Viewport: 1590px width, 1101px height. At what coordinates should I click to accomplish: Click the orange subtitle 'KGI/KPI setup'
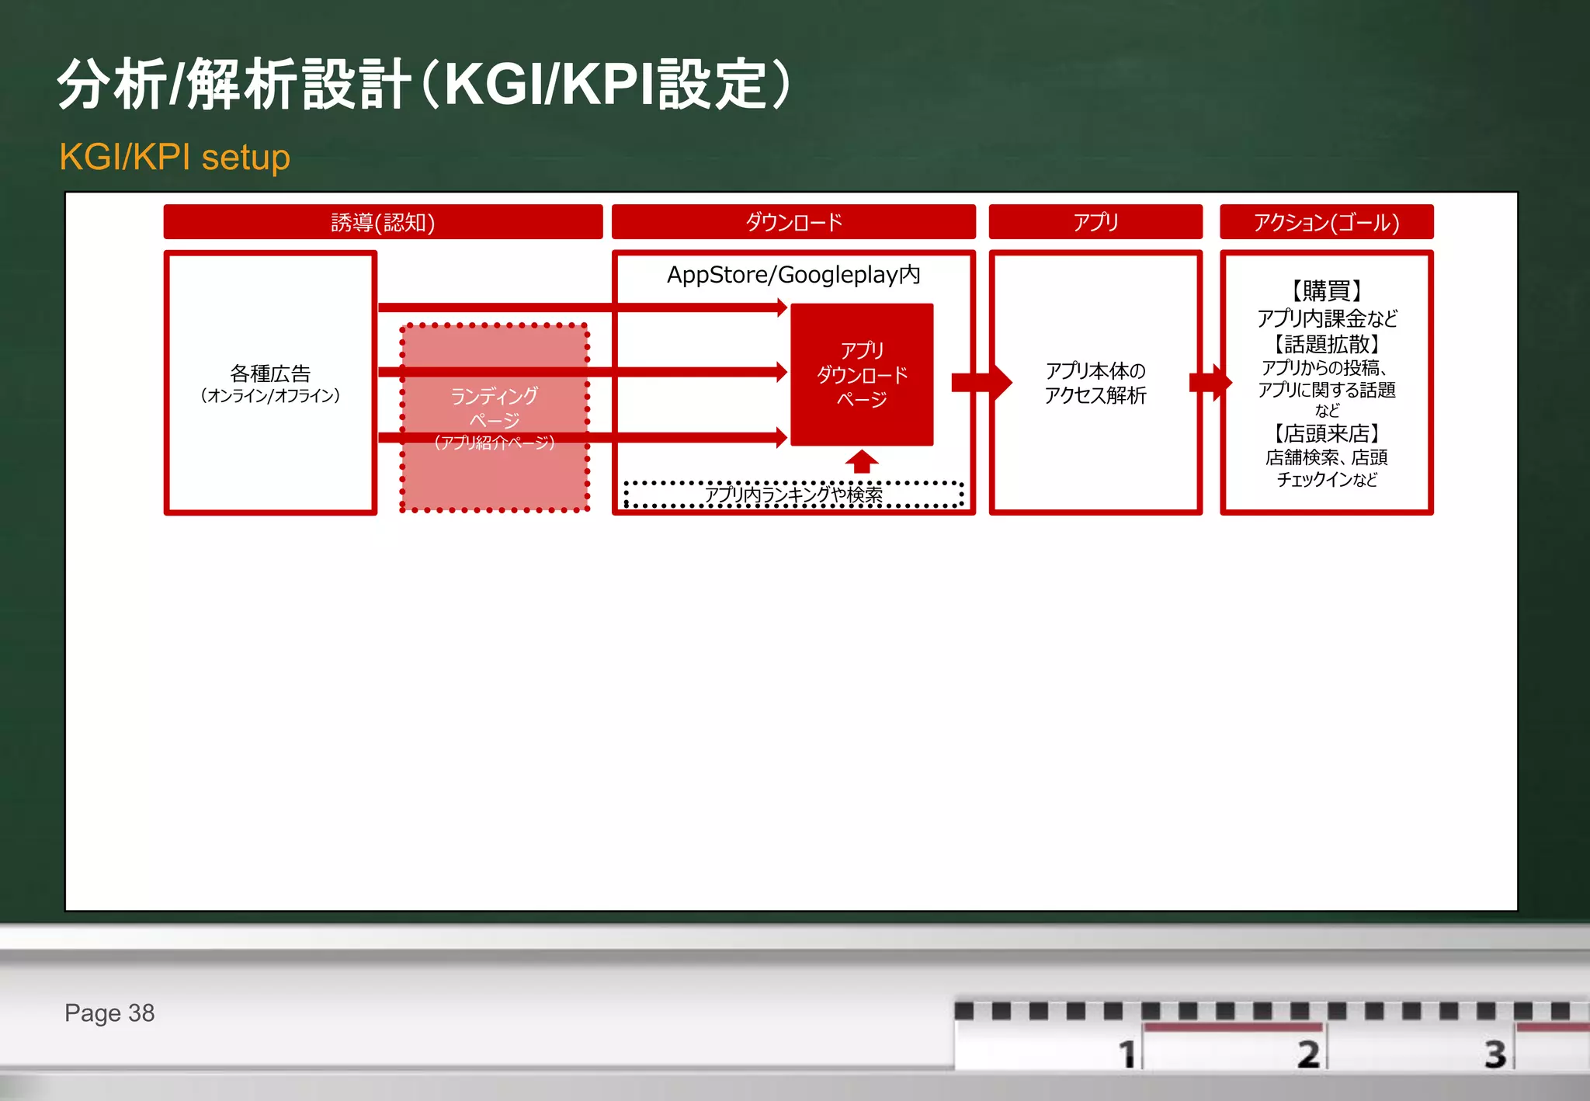[x=175, y=157]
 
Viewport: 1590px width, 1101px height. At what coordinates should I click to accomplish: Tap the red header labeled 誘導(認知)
[x=383, y=222]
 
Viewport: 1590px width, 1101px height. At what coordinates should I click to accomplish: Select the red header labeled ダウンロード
[x=793, y=222]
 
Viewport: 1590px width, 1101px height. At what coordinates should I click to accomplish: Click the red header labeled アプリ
[x=1095, y=222]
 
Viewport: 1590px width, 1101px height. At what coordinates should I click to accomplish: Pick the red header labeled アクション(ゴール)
[x=1326, y=222]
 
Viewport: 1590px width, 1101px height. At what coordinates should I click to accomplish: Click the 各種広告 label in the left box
[x=270, y=374]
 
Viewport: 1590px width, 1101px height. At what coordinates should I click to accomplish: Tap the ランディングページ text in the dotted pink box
[x=495, y=408]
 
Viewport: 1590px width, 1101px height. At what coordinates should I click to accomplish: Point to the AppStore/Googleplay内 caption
[x=793, y=275]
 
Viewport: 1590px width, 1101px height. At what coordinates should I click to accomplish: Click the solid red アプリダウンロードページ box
[x=862, y=374]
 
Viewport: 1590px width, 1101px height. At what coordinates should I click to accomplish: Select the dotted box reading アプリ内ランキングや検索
[x=793, y=495]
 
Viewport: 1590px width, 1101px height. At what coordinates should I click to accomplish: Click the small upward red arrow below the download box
[x=862, y=461]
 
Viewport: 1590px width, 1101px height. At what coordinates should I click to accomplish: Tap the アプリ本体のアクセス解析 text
[x=1095, y=383]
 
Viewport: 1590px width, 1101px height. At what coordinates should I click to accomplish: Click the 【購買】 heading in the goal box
[x=1326, y=290]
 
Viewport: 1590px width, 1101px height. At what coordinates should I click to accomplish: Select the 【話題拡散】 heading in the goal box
[x=1326, y=344]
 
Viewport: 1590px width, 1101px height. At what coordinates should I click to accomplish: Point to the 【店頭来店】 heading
[x=1326, y=433]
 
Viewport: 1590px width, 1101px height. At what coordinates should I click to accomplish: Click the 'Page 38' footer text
[x=109, y=1013]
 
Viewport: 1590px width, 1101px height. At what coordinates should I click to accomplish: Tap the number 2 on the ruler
[x=1308, y=1054]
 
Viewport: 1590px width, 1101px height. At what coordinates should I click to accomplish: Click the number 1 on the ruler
[x=1127, y=1054]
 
